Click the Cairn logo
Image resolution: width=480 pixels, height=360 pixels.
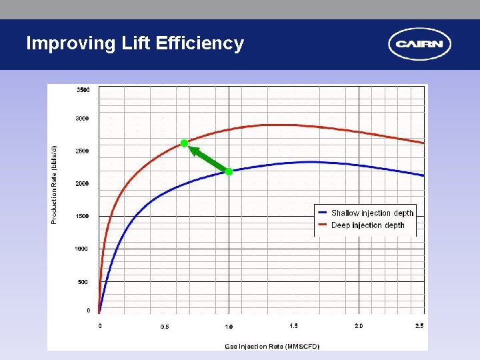click(x=419, y=45)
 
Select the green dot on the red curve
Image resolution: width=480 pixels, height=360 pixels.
click(x=185, y=143)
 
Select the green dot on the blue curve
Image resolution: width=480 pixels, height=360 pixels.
click(x=229, y=172)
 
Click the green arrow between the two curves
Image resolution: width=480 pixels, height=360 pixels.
click(x=208, y=159)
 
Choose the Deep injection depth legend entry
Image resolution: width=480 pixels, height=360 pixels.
click(x=367, y=225)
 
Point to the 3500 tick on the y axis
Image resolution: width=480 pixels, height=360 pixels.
click(x=83, y=89)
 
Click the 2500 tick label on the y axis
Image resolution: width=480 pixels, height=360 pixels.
click(x=81, y=151)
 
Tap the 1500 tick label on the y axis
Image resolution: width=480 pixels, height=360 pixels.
click(x=81, y=217)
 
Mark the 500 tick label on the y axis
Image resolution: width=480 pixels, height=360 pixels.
click(x=83, y=282)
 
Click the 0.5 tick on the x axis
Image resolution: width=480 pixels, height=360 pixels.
click(x=165, y=327)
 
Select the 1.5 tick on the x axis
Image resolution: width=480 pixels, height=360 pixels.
click(x=294, y=326)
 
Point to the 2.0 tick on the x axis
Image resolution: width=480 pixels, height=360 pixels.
click(x=359, y=326)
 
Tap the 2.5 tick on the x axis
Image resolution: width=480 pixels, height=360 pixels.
click(x=419, y=326)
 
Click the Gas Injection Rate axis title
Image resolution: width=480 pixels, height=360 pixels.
click(x=272, y=346)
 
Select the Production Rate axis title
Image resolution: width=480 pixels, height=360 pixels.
click(x=55, y=184)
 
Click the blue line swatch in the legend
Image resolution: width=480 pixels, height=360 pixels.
click(x=322, y=213)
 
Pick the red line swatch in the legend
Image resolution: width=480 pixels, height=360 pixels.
click(x=322, y=225)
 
